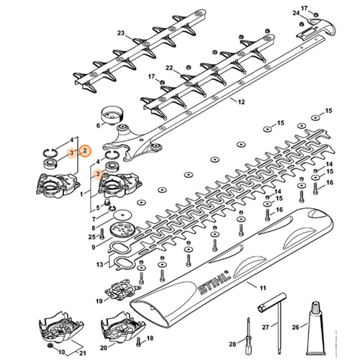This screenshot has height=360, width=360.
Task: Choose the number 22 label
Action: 169,68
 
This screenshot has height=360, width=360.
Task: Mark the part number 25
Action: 91,237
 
